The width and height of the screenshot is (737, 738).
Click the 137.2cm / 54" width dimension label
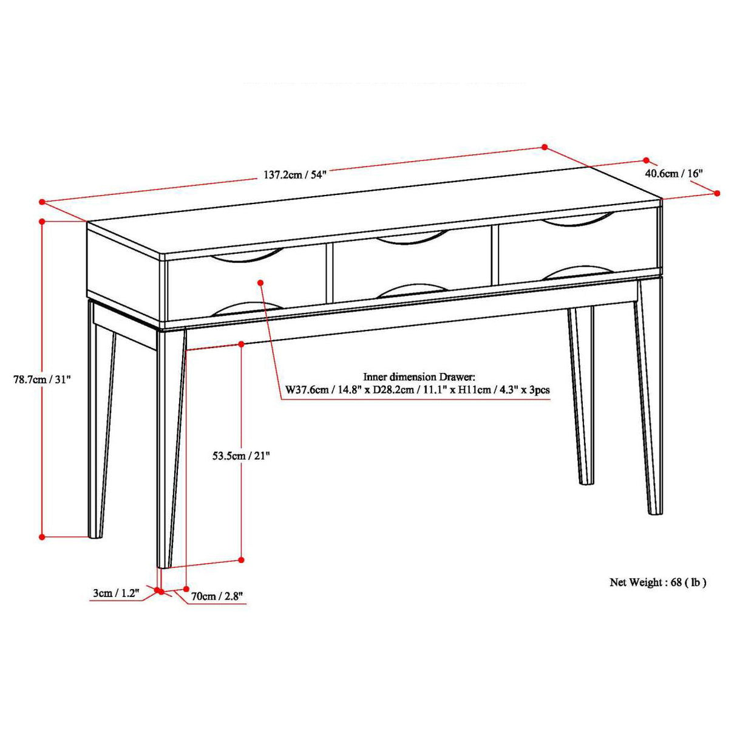[x=294, y=175]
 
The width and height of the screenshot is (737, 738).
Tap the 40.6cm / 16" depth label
[x=673, y=173]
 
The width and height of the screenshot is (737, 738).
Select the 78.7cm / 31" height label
[x=42, y=380]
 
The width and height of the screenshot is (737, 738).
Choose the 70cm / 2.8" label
[x=217, y=596]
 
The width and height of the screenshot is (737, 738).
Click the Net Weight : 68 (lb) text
[x=658, y=583]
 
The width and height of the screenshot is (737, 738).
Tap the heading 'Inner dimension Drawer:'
[x=419, y=377]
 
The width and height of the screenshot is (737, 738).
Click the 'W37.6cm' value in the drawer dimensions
[x=305, y=389]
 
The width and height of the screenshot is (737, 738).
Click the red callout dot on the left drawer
[x=260, y=282]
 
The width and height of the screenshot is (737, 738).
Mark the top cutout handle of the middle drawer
[x=413, y=238]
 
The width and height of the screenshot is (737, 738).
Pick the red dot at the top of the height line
[x=42, y=221]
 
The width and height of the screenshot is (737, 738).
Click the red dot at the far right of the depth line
[x=717, y=193]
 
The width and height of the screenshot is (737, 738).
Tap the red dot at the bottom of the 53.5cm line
[x=241, y=559]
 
